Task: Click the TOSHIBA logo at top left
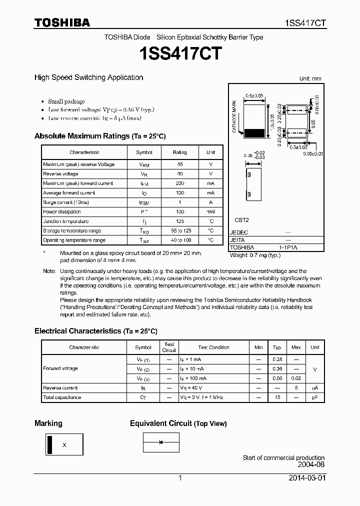(62, 22)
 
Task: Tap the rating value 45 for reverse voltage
(179, 164)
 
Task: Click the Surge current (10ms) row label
(66, 202)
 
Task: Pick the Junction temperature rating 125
(179, 221)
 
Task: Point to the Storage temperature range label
(71, 231)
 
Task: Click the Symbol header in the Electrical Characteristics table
(143, 347)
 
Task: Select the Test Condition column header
(213, 347)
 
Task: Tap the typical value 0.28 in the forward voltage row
(277, 359)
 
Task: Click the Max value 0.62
(296, 378)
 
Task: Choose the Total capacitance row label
(62, 397)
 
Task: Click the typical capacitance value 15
(277, 397)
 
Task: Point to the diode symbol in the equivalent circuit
(161, 442)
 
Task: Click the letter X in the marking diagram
(64, 444)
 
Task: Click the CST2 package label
(241, 220)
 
